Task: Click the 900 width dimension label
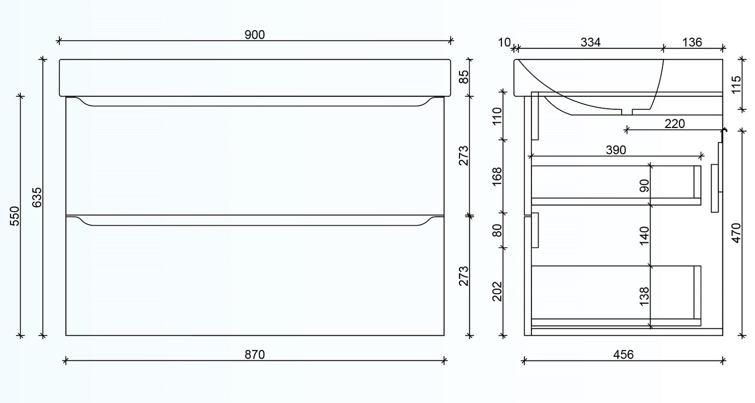(255, 34)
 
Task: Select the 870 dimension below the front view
(255, 354)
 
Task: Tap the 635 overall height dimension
(37, 197)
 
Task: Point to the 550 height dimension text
(15, 215)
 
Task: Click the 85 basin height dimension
(464, 77)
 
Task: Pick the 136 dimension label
(692, 42)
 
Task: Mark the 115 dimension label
(736, 84)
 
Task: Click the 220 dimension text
(674, 123)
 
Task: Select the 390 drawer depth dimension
(615, 150)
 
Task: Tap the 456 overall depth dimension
(623, 354)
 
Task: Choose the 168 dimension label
(497, 176)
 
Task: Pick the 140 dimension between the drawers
(644, 235)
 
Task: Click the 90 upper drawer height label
(644, 186)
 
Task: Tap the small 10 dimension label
(504, 42)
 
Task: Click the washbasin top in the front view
(255, 77)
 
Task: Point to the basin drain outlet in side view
(626, 111)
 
